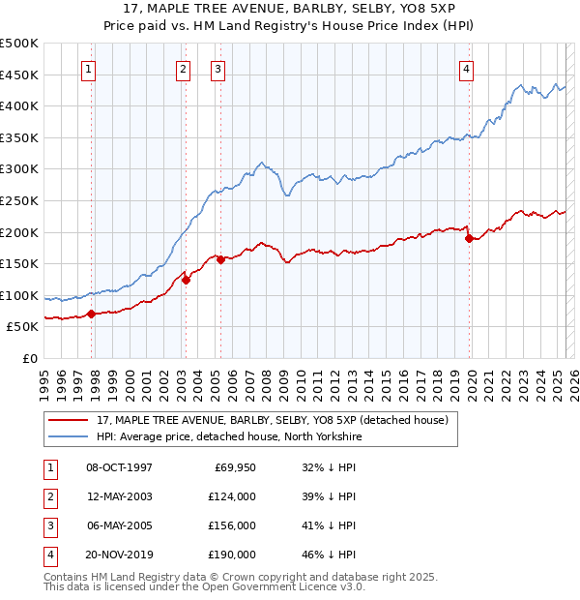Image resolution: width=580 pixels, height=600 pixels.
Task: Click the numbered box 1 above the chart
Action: click(x=89, y=69)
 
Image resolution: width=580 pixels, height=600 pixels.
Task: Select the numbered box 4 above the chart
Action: click(x=467, y=69)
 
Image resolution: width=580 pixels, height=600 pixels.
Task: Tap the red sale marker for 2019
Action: click(x=469, y=238)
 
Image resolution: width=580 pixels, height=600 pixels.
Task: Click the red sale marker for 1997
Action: click(x=91, y=314)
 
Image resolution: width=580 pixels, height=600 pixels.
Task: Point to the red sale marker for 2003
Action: click(x=186, y=280)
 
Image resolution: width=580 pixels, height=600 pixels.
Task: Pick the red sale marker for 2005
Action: click(x=220, y=259)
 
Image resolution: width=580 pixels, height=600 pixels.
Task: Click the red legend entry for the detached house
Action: click(x=272, y=421)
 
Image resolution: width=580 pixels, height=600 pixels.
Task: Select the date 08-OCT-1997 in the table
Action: click(x=119, y=467)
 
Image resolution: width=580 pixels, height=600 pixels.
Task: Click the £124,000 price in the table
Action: click(x=233, y=496)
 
